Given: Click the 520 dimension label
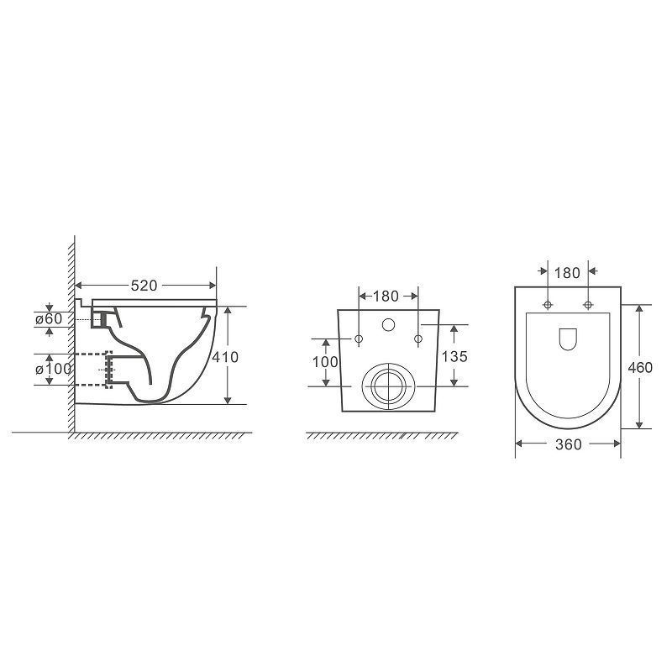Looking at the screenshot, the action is coord(144,286).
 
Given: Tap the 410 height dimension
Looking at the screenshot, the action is coord(225,357).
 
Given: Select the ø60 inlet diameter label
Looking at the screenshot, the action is coord(49,319).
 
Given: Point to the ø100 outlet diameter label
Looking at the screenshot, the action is coord(54,369).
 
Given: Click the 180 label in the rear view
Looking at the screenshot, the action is coord(386,297).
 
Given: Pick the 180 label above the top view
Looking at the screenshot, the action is coord(567,273).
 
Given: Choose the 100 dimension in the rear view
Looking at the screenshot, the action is coord(325,362).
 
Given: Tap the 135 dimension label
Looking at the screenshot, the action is coord(454,356).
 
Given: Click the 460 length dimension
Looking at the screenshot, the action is coord(640,368).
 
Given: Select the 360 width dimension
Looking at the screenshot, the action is coord(569,445).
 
